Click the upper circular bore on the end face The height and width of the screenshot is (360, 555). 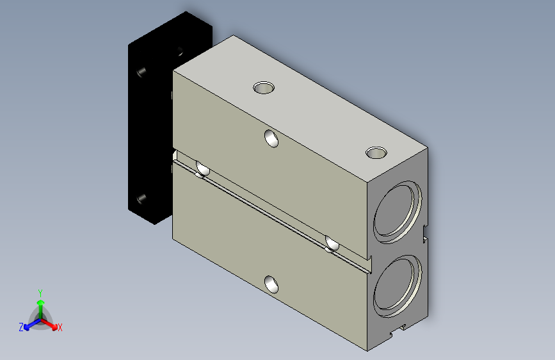coord(398,212)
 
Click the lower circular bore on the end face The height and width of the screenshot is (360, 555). coord(398,286)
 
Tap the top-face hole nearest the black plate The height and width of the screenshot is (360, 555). coord(264,88)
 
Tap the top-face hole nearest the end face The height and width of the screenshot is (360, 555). coord(376,153)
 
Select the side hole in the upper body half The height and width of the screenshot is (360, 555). coord(271,138)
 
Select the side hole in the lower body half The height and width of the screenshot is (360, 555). coord(271,284)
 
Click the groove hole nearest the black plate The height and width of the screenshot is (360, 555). coord(202,169)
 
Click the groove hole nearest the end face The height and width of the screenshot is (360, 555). coord(332,244)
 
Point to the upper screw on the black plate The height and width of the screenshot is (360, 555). coord(141,72)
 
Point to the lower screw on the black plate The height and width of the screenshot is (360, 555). coord(141,199)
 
